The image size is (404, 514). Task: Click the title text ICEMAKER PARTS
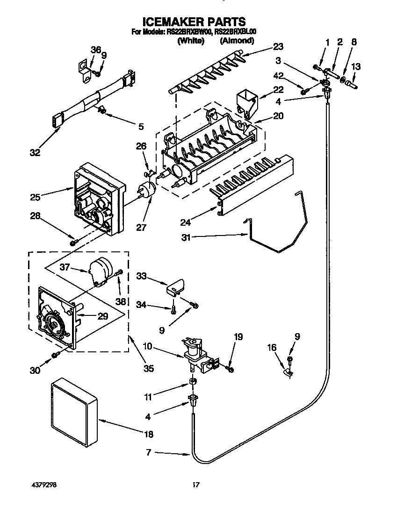(x=194, y=21)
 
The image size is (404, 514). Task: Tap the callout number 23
(x=278, y=47)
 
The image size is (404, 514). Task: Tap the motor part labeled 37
(x=100, y=271)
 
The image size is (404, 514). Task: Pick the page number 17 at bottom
(x=196, y=485)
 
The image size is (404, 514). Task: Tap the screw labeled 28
(x=73, y=243)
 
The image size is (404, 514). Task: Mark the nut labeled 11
(x=192, y=384)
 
